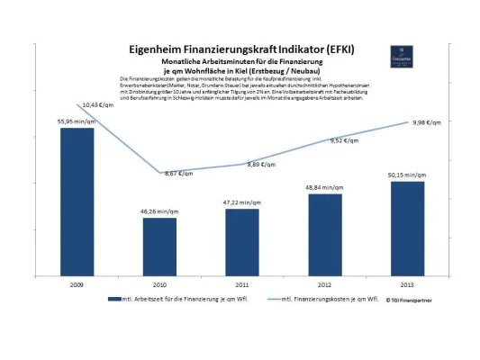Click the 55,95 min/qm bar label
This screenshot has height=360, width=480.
click(x=76, y=121)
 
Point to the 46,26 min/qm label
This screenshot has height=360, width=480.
click(x=159, y=211)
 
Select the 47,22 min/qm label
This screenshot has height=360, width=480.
click(x=242, y=202)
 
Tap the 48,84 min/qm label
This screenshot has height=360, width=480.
click(x=325, y=187)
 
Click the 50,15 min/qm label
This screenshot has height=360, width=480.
click(x=407, y=175)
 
